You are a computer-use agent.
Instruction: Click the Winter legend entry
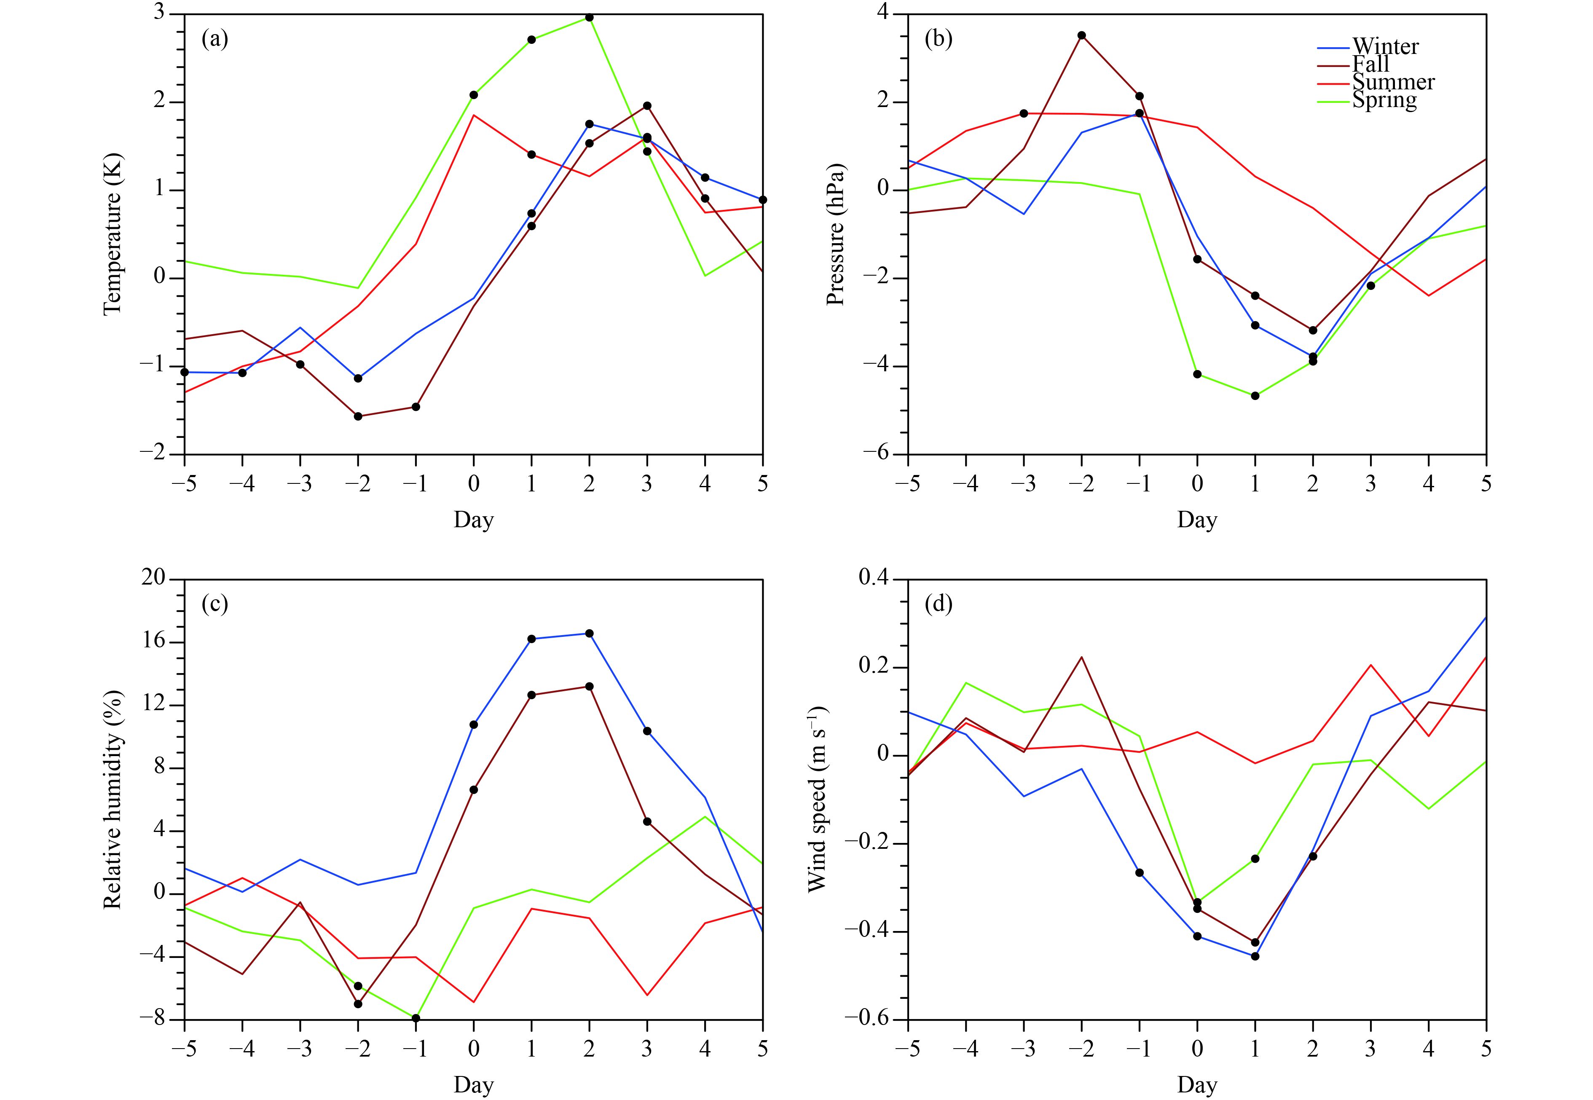click(x=1385, y=47)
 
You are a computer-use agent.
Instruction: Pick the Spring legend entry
click(x=1384, y=100)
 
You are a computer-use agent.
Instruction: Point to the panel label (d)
click(x=939, y=604)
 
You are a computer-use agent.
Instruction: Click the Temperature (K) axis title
click(x=112, y=234)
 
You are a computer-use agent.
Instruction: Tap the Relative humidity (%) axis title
click(x=112, y=800)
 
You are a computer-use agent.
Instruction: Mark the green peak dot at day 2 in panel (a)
click(x=589, y=17)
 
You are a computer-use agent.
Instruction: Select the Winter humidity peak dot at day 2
click(x=589, y=633)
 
